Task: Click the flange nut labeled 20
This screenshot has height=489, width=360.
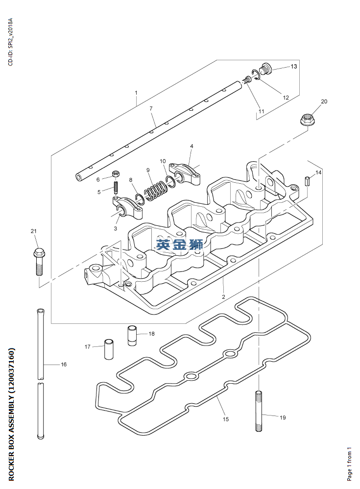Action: pyautogui.click(x=307, y=119)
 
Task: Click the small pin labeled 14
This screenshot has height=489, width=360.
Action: pyautogui.click(x=308, y=180)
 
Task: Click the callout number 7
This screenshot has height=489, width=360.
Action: pyautogui.click(x=151, y=108)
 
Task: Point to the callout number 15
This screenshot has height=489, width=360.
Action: pyautogui.click(x=226, y=419)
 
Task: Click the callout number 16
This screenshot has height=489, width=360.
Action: pyautogui.click(x=64, y=365)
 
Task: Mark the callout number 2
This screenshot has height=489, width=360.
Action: pyautogui.click(x=223, y=297)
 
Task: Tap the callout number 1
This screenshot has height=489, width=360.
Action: pyautogui.click(x=136, y=93)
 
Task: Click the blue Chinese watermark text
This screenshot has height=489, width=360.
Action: pyautogui.click(x=179, y=244)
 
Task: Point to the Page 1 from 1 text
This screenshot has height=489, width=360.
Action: pyautogui.click(x=349, y=464)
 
